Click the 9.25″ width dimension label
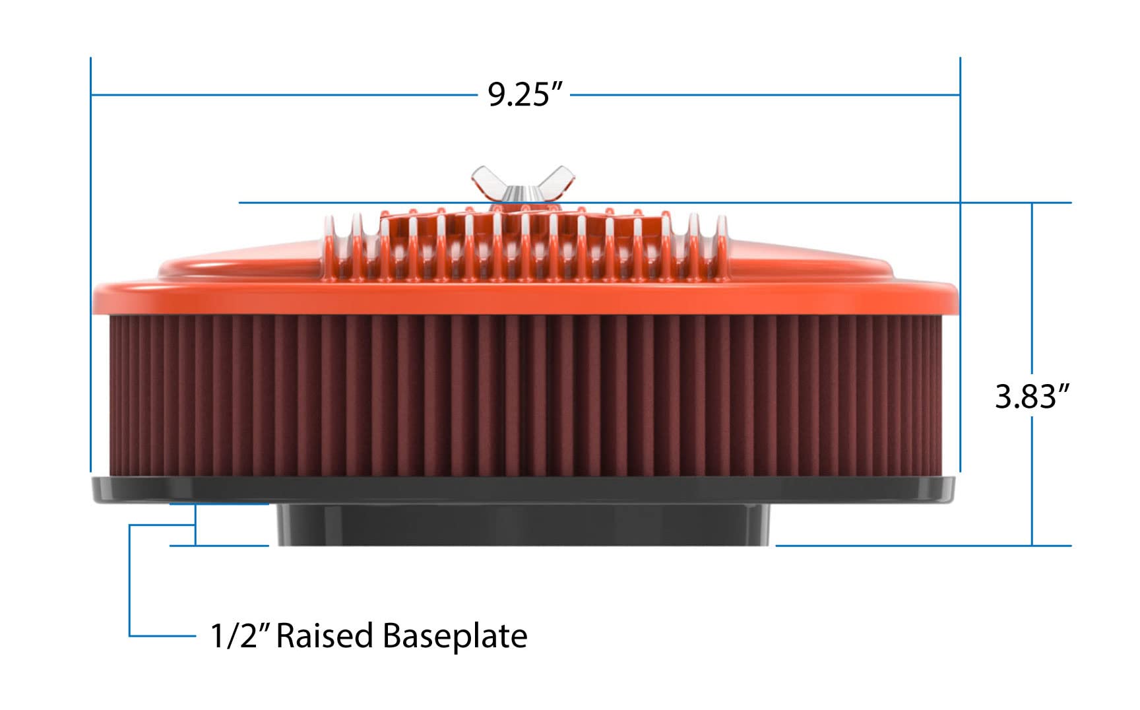click(526, 94)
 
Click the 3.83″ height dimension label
click(1031, 397)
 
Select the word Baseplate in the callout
click(455, 636)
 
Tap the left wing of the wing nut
click(486, 180)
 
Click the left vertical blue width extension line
click(90, 264)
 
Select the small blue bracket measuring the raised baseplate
click(195, 525)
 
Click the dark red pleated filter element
click(524, 396)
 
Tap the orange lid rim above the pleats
click(524, 297)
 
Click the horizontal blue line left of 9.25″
click(284, 95)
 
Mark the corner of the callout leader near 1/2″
click(130, 635)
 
